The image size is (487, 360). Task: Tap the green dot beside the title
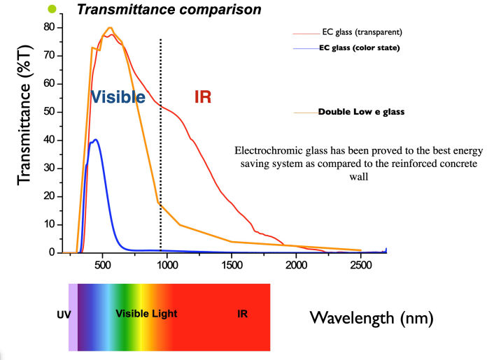(51, 9)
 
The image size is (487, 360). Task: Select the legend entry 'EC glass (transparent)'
(360, 32)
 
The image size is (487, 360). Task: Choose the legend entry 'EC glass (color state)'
(359, 48)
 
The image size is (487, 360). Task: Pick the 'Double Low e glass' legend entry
(361, 112)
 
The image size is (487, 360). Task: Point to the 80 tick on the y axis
(48, 27)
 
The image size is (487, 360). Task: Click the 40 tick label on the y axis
(48, 140)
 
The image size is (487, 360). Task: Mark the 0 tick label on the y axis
(52, 252)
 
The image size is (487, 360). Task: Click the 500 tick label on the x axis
(103, 266)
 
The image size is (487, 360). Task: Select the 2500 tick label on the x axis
(361, 266)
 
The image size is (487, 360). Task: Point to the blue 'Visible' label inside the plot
(118, 97)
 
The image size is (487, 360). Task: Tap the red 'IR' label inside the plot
(203, 97)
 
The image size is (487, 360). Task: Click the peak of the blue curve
(96, 140)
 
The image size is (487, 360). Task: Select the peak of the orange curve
(110, 28)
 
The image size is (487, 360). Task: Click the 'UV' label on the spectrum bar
(64, 315)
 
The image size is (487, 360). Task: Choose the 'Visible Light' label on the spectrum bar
(146, 315)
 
